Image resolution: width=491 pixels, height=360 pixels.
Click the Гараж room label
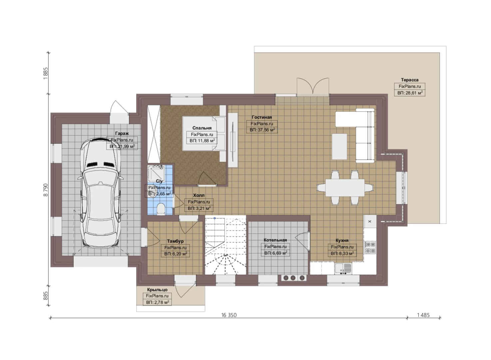pos(122,133)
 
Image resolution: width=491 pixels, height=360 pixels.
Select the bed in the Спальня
pos(204,133)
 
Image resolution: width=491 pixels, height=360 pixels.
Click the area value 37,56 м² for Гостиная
pos(262,130)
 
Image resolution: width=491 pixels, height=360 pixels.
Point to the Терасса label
pos(410,80)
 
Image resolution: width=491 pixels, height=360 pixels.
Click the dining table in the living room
pos(345,188)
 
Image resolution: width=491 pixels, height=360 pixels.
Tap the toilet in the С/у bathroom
pos(161,208)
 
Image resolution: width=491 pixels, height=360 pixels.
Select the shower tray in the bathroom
pos(156,172)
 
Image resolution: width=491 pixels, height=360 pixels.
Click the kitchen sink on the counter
pos(343,269)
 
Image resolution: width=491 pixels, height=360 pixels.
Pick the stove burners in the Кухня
pos(370,247)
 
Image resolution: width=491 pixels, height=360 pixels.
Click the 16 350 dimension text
pos(229,315)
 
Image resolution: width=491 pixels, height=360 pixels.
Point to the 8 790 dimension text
pos(46,190)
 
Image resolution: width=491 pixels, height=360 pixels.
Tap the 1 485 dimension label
pos(423,315)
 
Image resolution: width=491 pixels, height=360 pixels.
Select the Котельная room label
pos(275,240)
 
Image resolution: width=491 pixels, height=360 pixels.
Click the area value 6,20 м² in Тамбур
pos(175,254)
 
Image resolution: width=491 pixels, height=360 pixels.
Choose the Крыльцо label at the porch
pos(157,290)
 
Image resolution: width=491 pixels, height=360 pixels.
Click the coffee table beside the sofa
pos(339,147)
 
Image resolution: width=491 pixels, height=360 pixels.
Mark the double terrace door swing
pos(313,86)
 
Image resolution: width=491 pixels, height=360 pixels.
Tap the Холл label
pos(199,195)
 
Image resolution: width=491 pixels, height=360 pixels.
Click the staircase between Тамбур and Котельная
pos(226,246)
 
